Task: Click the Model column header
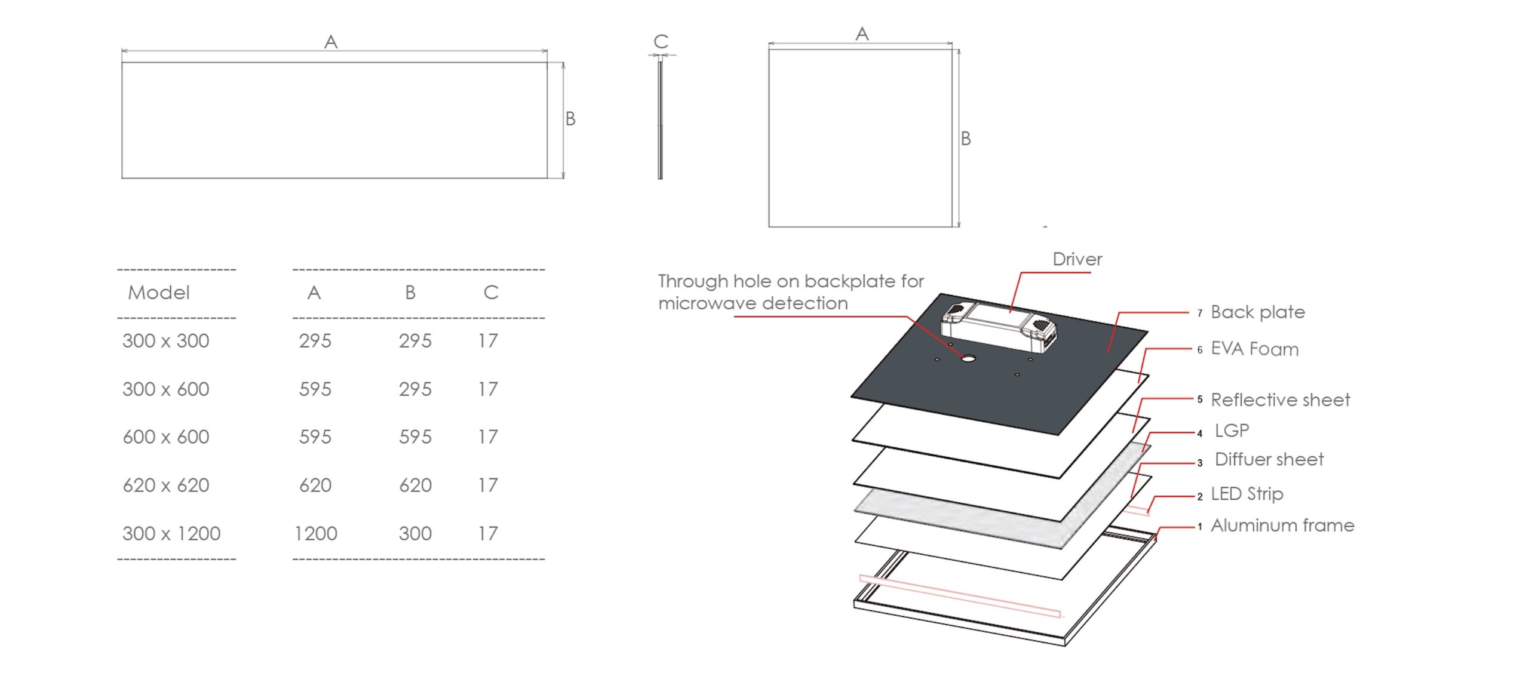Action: click(x=159, y=293)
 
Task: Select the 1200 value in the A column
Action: click(x=316, y=533)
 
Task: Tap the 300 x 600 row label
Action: click(x=166, y=389)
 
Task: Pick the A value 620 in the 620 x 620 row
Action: click(x=315, y=485)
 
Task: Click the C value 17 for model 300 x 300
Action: click(x=487, y=341)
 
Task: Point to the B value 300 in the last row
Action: click(x=415, y=533)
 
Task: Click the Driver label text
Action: click(x=1077, y=259)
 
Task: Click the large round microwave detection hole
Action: click(x=968, y=358)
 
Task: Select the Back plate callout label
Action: click(x=1257, y=312)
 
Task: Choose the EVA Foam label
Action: click(x=1254, y=349)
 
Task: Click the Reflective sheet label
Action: click(x=1280, y=400)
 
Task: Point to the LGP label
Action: click(x=1232, y=431)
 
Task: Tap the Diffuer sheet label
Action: click(x=1269, y=459)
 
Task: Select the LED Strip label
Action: click(x=1246, y=494)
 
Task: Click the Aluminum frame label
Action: click(x=1282, y=526)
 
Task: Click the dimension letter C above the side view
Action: click(x=661, y=41)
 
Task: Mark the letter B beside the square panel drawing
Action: click(x=966, y=139)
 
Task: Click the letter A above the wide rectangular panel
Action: click(x=331, y=42)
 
